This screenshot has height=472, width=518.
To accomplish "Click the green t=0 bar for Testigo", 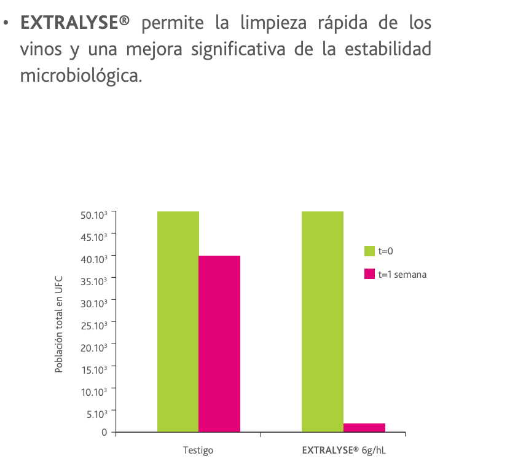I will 178,321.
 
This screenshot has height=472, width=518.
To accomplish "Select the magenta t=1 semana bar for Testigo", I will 219,344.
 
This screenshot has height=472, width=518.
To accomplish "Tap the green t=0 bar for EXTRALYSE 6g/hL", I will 323,321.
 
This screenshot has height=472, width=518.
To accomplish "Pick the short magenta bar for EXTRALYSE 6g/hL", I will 364,428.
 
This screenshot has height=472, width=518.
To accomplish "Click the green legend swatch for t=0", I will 369,251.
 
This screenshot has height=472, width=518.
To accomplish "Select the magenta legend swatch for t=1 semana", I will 369,274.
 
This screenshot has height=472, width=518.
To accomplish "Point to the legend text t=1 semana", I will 402,274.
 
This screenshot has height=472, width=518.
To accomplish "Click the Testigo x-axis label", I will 198,450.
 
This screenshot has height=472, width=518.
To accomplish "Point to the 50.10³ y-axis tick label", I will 94,214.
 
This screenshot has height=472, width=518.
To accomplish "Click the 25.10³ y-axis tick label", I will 94,325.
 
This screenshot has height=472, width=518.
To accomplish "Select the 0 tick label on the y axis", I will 104,433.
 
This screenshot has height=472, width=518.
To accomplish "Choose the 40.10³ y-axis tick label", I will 94,259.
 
